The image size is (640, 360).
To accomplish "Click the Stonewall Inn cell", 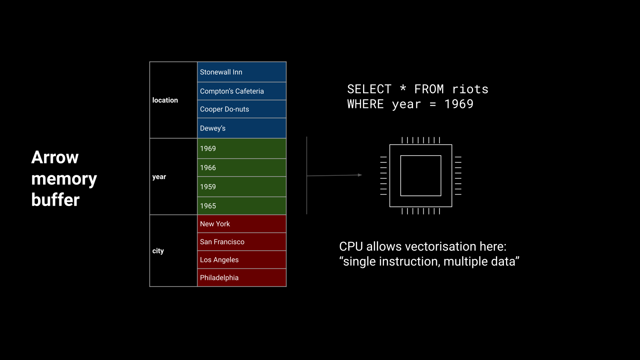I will [x=241, y=72].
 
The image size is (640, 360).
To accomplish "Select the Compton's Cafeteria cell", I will [x=241, y=91].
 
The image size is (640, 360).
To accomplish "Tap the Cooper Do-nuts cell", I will [x=241, y=109].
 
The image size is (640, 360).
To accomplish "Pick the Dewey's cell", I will [x=241, y=128].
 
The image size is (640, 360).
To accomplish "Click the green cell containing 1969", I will [x=241, y=148].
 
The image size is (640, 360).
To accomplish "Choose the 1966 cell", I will [x=241, y=168].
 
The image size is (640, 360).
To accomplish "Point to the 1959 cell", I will [x=241, y=187].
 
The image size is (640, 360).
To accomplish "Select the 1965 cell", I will [x=241, y=206].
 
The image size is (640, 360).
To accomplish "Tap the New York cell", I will [x=241, y=224].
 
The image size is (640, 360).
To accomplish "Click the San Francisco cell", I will [x=241, y=242].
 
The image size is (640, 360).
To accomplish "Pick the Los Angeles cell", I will [x=241, y=260].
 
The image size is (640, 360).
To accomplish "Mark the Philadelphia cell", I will [x=241, y=278].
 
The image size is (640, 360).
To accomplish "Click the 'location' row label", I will [x=165, y=100].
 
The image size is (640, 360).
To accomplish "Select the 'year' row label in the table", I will [x=159, y=177].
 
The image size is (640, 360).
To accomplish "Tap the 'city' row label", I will [x=158, y=251].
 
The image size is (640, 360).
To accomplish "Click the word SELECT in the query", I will [x=369, y=89].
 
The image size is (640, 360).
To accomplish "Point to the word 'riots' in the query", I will [x=470, y=89].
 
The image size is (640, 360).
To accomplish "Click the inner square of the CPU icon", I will [x=421, y=176].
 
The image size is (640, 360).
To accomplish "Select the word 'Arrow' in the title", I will [x=55, y=157].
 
